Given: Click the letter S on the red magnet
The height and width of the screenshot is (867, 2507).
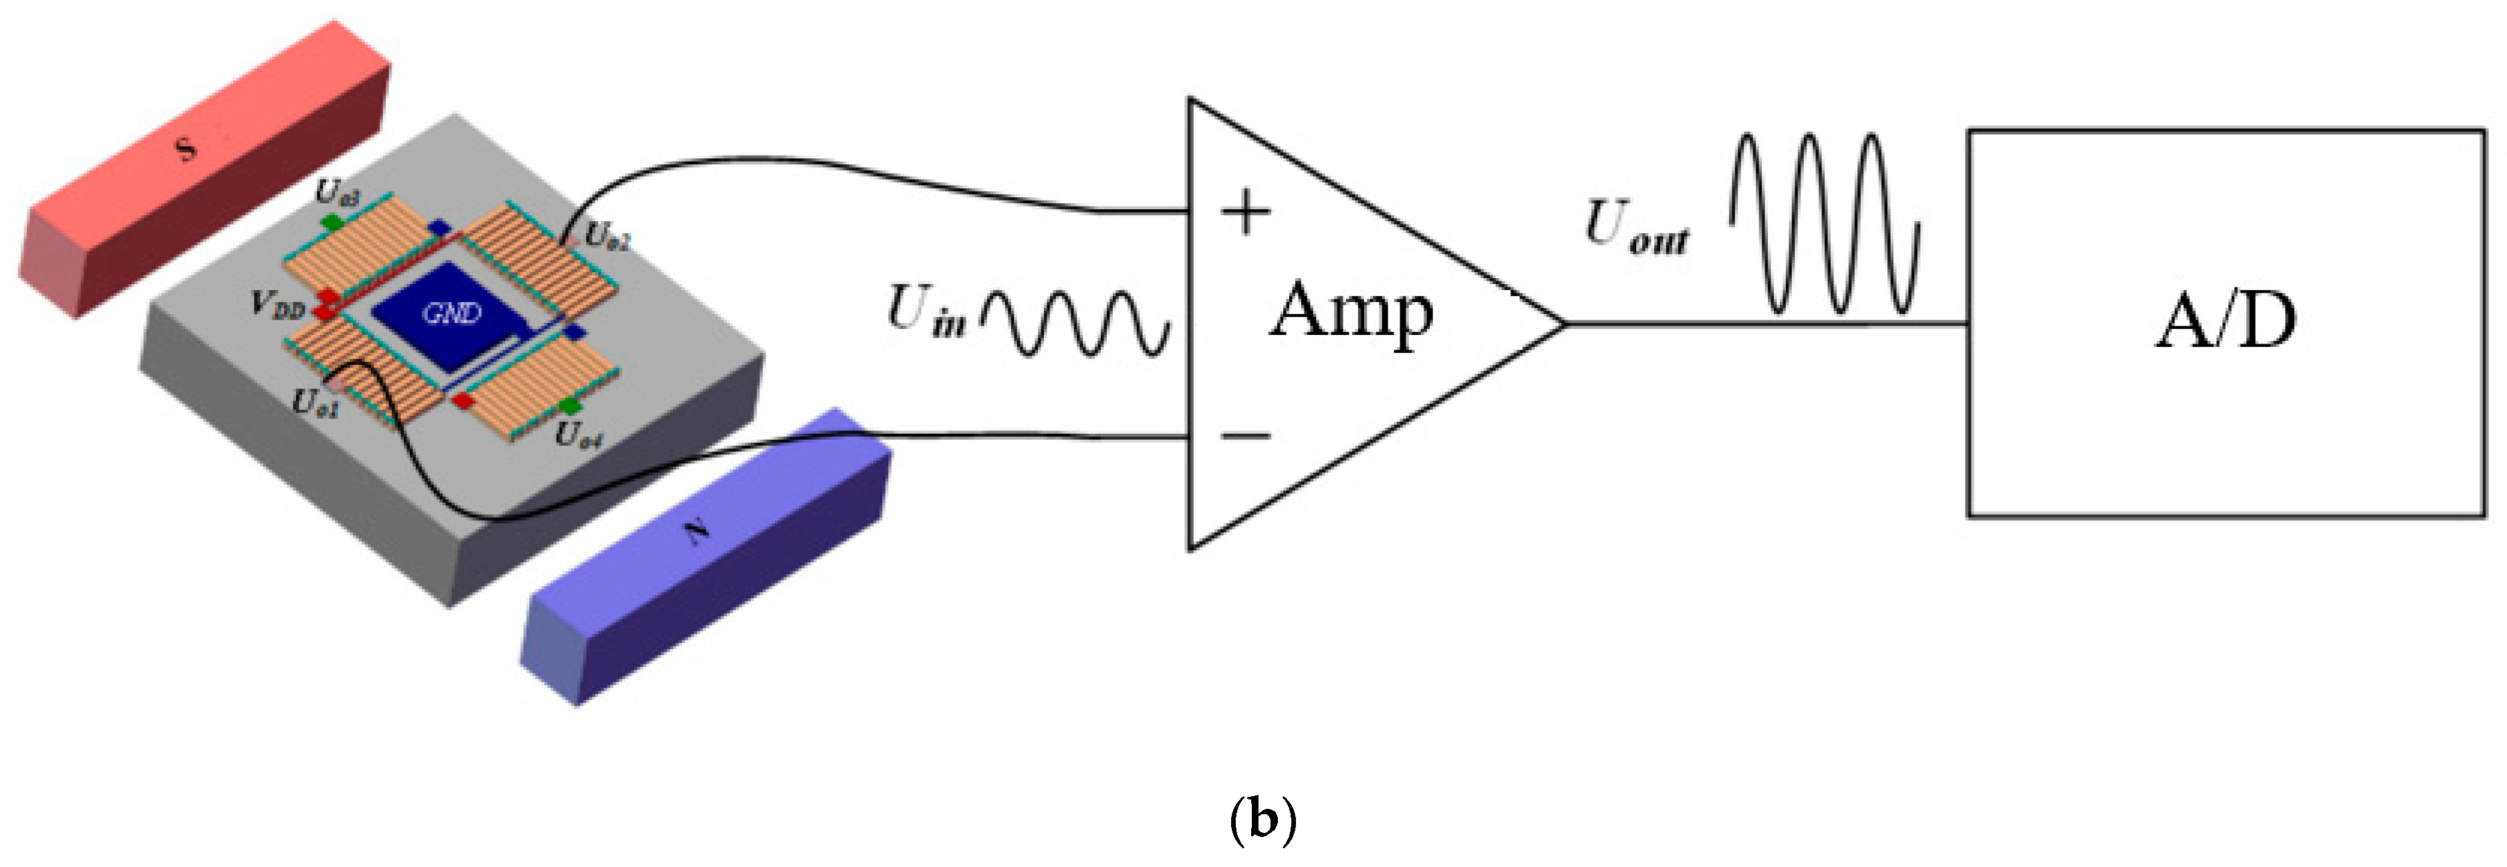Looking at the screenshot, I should pyautogui.click(x=185, y=148).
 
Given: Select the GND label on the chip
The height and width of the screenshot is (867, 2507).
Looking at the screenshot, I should pyautogui.click(x=452, y=314).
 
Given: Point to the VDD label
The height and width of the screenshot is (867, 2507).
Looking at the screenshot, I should pyautogui.click(x=278, y=305).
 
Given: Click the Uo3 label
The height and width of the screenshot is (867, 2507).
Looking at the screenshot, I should pyautogui.click(x=338, y=193).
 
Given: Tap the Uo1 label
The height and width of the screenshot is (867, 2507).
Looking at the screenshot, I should pyautogui.click(x=316, y=401).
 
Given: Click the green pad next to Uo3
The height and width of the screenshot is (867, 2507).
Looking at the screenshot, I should pyautogui.click(x=334, y=222).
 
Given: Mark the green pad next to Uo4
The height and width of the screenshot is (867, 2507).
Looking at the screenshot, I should pyautogui.click(x=569, y=406).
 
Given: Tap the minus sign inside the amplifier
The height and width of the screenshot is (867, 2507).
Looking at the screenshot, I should pyautogui.click(x=1246, y=435).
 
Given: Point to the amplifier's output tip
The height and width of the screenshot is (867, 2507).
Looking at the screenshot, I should pyautogui.click(x=1564, y=324).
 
